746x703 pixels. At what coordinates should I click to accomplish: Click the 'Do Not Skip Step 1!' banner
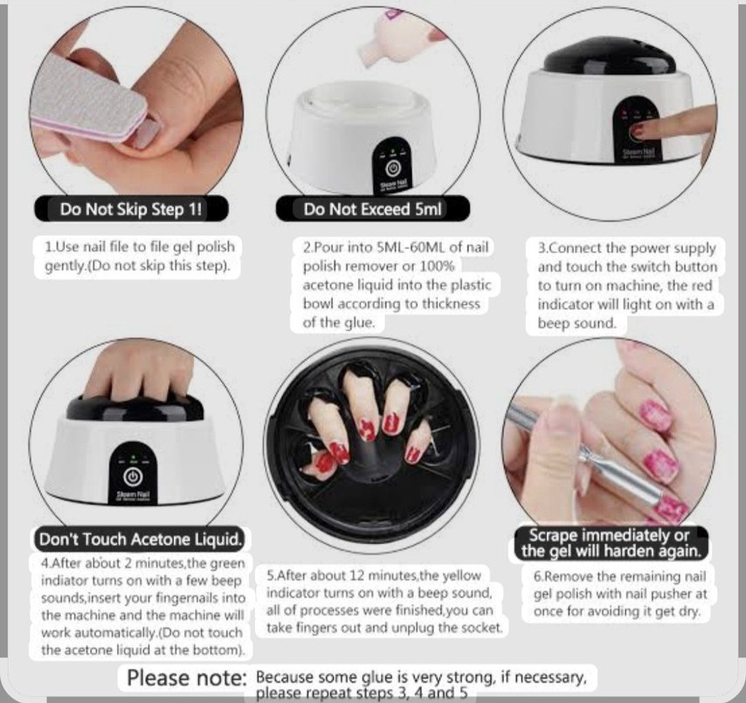[x=131, y=209]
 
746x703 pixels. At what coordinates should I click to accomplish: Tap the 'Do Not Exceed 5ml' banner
[x=373, y=209]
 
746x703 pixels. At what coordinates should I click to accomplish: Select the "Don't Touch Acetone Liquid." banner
[x=141, y=539]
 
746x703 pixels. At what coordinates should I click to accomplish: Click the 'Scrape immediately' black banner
[x=611, y=543]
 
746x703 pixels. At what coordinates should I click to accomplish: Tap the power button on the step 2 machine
[x=392, y=168]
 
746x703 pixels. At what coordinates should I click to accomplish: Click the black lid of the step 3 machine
[x=609, y=60]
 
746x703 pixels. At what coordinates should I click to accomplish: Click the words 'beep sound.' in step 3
[x=577, y=323]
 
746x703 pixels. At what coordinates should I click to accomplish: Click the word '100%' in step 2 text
[x=438, y=266]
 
